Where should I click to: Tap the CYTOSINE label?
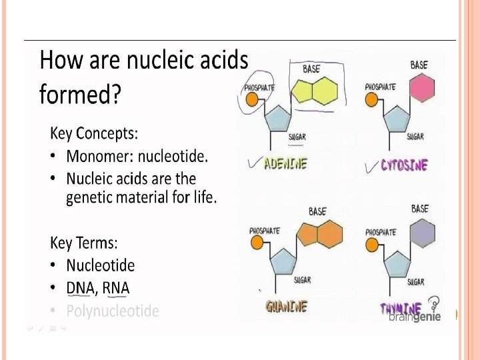[404, 165]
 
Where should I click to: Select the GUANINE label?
[286, 307]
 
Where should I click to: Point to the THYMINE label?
[400, 309]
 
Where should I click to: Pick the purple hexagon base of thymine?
[421, 234]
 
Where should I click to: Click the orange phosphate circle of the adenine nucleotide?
[252, 99]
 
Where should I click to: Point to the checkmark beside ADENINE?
[253, 163]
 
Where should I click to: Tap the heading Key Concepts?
[94, 133]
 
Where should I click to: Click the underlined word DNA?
[80, 288]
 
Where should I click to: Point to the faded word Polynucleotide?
[113, 311]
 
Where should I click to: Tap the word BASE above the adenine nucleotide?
[311, 69]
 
